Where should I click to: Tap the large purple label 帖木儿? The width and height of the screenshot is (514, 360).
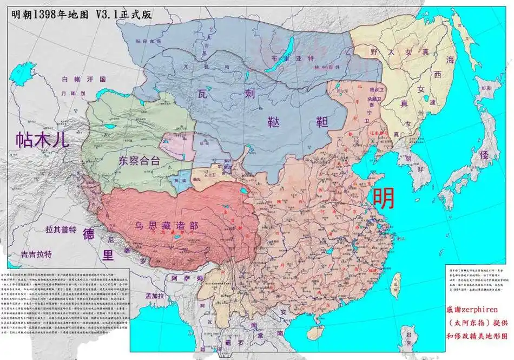(x=42, y=140)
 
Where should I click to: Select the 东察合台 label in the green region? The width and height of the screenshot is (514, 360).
(x=139, y=160)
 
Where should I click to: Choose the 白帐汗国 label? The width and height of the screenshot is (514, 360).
(x=75, y=79)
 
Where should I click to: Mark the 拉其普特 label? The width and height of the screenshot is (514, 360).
(x=61, y=230)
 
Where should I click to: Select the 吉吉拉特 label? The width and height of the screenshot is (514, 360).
(x=36, y=253)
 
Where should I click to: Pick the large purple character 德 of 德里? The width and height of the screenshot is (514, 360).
(x=89, y=235)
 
